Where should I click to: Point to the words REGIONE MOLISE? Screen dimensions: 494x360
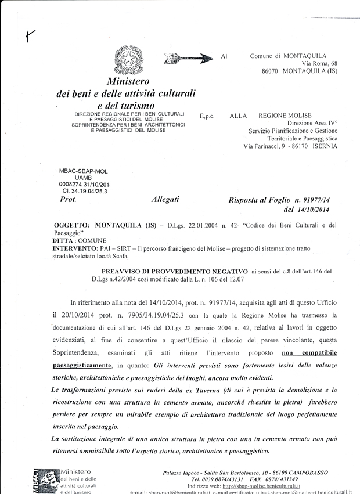point(285,116)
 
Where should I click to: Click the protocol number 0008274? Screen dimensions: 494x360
point(72,185)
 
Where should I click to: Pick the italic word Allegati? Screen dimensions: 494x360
point(165,200)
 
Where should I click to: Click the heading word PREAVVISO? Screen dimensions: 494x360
point(124,271)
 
